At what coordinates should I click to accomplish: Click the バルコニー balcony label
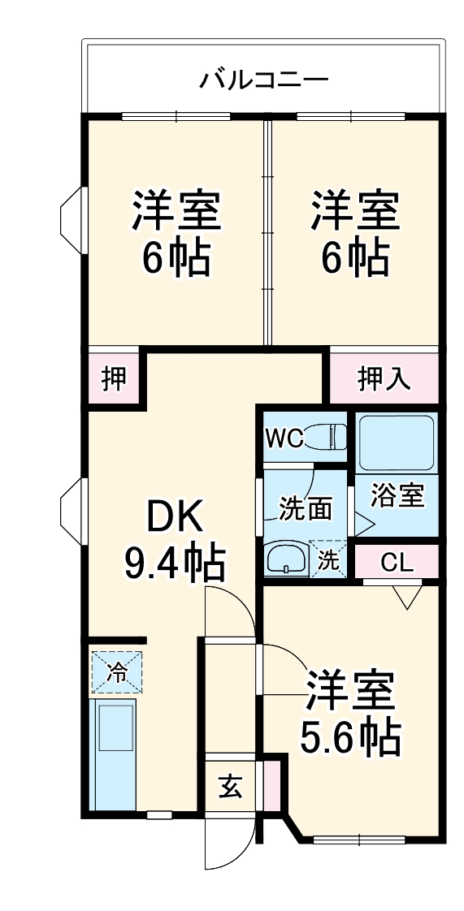(264, 80)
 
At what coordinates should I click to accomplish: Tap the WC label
(284, 439)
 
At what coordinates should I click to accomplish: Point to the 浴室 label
(397, 495)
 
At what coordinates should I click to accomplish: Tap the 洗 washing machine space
(328, 559)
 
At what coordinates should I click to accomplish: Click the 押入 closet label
(384, 378)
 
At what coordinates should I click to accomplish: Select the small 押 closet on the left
(115, 378)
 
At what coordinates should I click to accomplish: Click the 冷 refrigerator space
(117, 671)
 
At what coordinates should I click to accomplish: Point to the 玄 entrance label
(230, 786)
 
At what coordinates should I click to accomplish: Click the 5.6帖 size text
(351, 736)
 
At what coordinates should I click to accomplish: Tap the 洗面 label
(306, 508)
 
